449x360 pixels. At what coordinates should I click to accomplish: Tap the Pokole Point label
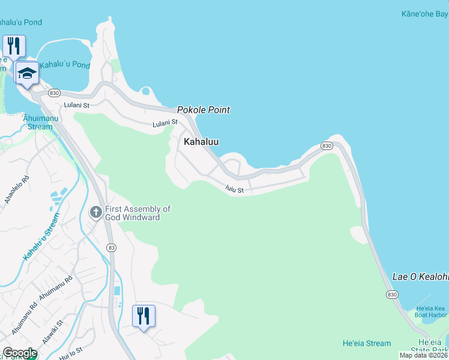click(x=203, y=110)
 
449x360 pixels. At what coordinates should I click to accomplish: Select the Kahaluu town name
click(x=201, y=142)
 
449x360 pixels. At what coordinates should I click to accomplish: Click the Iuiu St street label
click(x=234, y=190)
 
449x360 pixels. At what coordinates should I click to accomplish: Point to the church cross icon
click(x=95, y=212)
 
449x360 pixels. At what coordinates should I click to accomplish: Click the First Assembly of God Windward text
click(x=137, y=213)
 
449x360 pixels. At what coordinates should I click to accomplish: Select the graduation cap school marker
click(x=27, y=73)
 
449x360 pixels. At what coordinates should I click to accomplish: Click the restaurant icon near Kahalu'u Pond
click(x=14, y=46)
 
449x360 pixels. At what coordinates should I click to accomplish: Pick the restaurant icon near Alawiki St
click(x=143, y=315)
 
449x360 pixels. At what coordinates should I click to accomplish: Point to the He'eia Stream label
click(x=366, y=343)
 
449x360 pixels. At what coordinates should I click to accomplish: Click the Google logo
click(x=19, y=353)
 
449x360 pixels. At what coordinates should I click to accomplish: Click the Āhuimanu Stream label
click(x=37, y=122)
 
